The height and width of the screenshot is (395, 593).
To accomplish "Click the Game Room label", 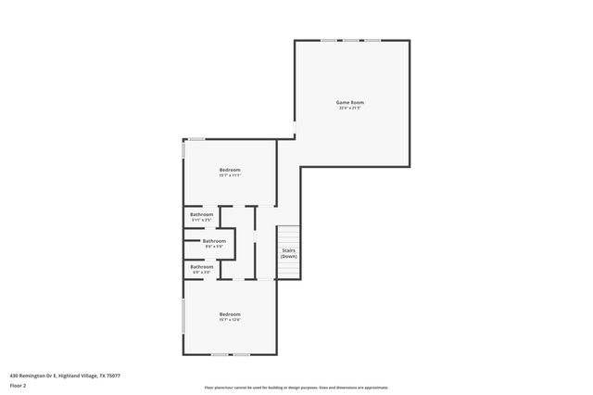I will (x=350, y=102).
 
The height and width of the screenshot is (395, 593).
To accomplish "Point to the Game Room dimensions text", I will (x=350, y=108).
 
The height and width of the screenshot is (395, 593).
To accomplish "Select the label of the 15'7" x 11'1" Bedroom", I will (x=230, y=170).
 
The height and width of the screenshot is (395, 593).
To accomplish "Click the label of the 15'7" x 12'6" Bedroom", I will (x=230, y=314).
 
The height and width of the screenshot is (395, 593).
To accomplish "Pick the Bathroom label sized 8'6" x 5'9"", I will (x=214, y=241).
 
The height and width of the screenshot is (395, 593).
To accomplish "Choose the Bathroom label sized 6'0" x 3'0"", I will (x=202, y=267).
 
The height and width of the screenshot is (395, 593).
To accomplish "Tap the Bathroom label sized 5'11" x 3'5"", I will (x=202, y=215).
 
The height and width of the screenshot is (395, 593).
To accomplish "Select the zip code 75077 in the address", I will (x=114, y=376).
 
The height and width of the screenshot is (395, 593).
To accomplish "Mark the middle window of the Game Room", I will (x=351, y=40).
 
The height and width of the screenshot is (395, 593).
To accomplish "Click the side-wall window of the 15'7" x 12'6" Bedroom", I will (x=183, y=316).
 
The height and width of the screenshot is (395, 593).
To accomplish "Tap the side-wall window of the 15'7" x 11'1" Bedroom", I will (x=183, y=150).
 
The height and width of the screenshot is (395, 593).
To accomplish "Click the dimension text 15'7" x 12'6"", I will (x=230, y=320).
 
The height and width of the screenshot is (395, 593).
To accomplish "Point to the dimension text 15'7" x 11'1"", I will (x=230, y=175).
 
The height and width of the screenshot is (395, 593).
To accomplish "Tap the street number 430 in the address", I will (x=14, y=376).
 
